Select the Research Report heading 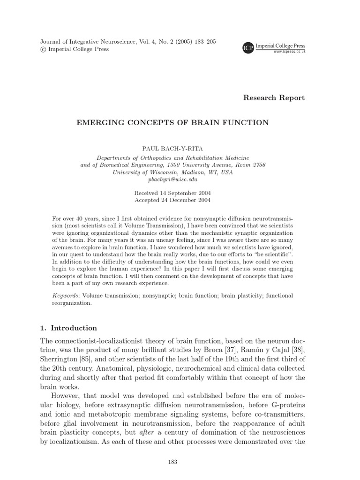click(274, 98)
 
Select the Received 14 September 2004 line click(172, 193)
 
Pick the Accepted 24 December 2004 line click(172, 200)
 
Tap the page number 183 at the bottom click(172, 463)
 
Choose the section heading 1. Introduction click(68, 328)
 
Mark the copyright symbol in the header click(43, 49)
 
